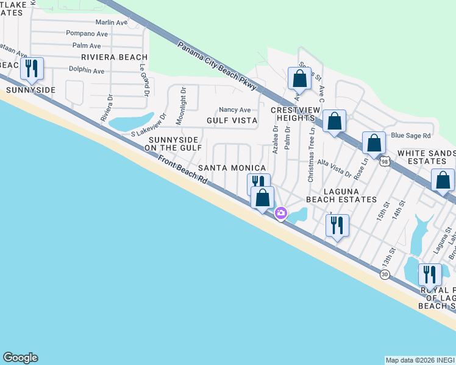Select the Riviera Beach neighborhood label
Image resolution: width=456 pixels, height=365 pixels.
click(x=115, y=57)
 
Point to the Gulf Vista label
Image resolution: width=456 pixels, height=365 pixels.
click(x=232, y=120)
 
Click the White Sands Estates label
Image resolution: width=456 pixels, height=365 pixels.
click(x=426, y=157)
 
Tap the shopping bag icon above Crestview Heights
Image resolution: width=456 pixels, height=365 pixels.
click(x=299, y=78)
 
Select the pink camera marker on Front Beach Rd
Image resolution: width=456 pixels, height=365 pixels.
click(x=281, y=213)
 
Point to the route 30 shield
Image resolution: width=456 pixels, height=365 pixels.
click(x=384, y=275)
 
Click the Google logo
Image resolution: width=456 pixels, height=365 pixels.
click(x=20, y=358)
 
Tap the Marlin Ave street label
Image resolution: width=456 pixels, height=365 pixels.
click(x=112, y=23)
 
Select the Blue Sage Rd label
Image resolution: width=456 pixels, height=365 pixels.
click(x=411, y=136)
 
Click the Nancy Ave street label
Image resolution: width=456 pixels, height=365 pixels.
click(x=235, y=109)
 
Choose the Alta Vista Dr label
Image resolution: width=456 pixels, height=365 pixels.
click(x=335, y=168)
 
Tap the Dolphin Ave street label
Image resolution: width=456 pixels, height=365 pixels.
click(x=86, y=71)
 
